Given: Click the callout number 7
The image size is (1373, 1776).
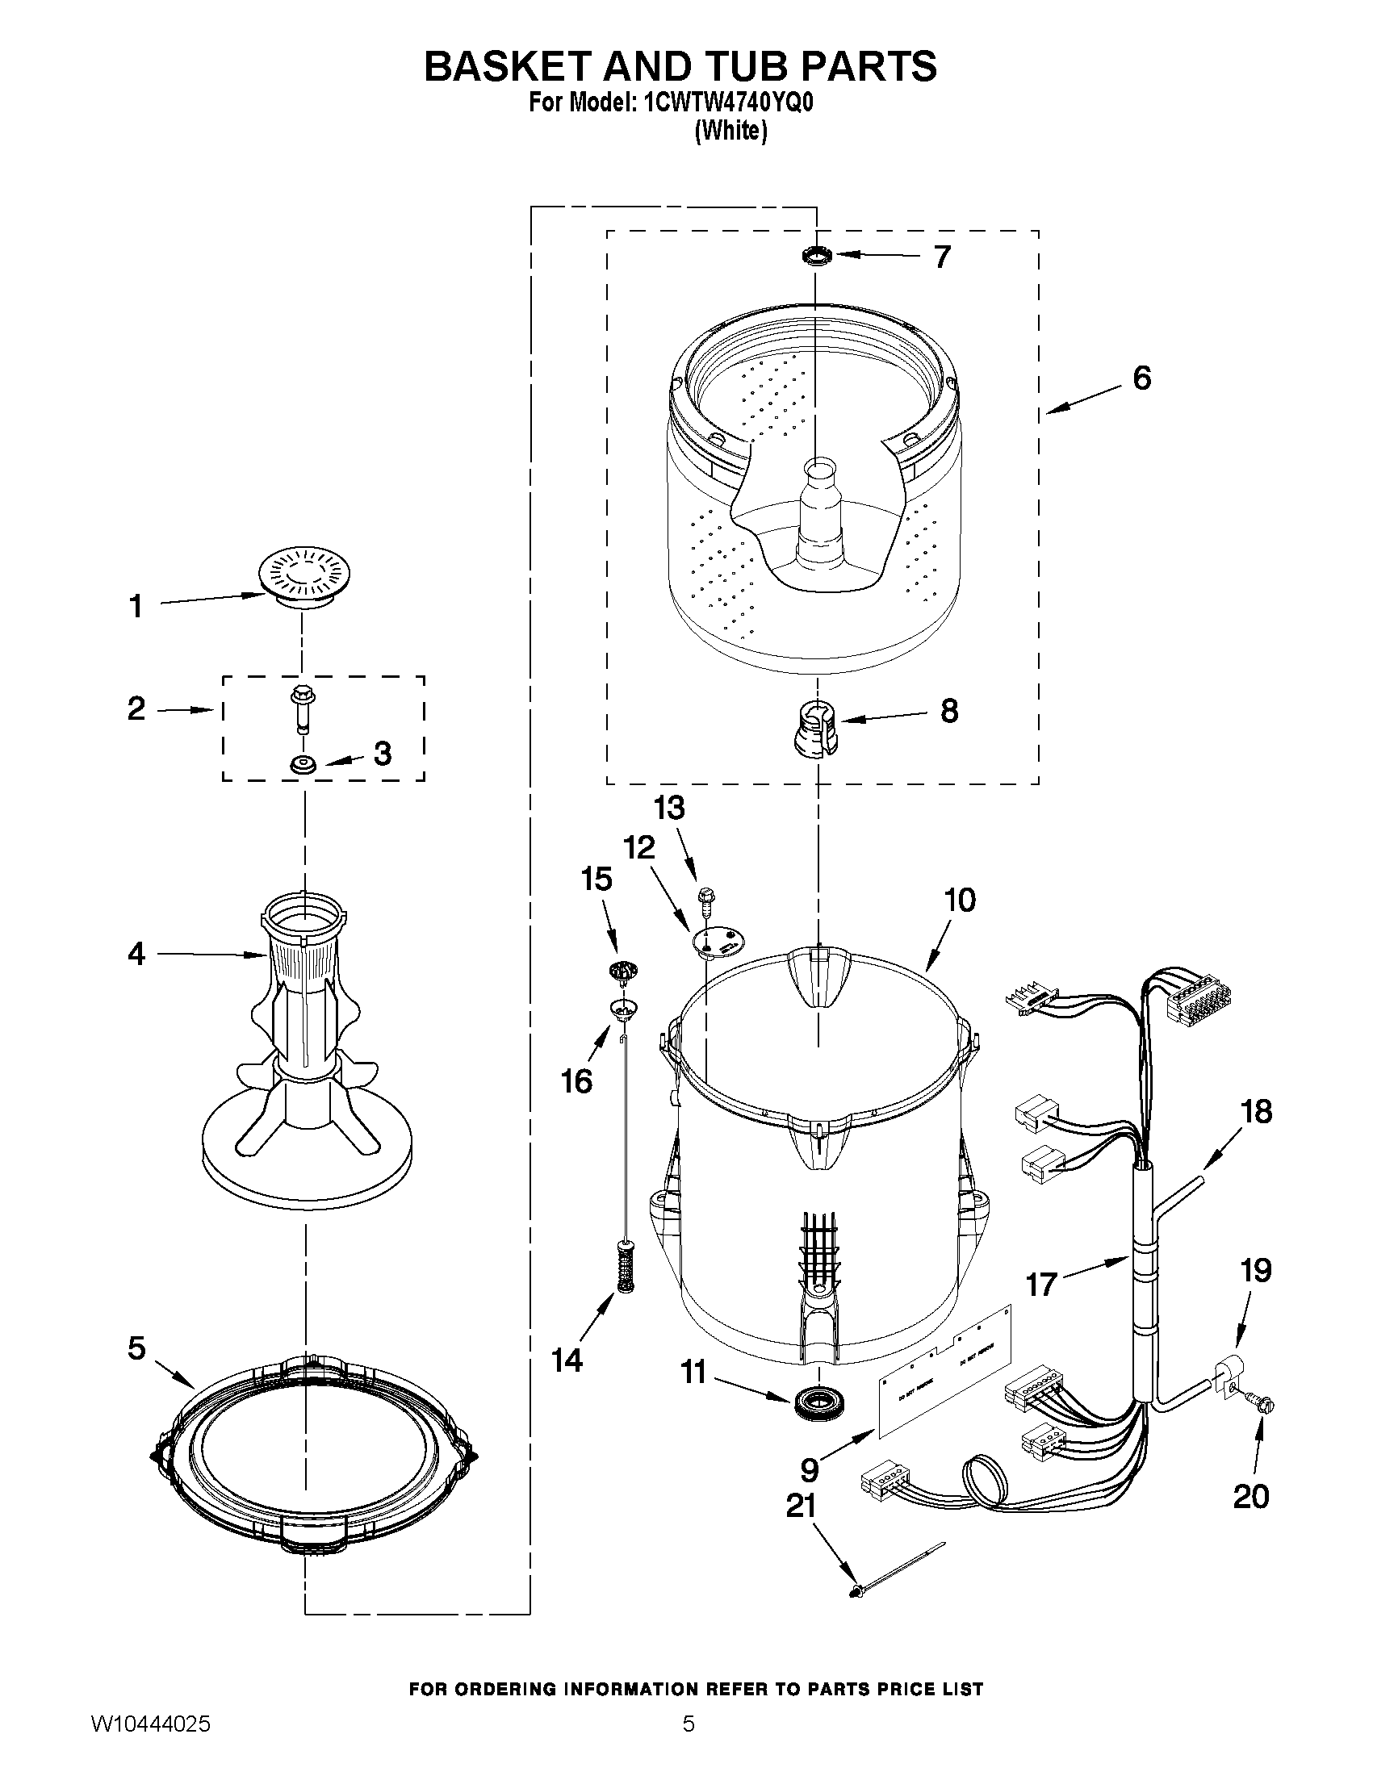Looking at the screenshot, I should tap(942, 257).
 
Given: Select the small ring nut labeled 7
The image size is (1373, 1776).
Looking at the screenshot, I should tap(817, 257).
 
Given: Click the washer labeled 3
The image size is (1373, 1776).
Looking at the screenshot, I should tap(303, 764).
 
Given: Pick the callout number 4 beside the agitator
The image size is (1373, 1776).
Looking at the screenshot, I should tap(136, 954).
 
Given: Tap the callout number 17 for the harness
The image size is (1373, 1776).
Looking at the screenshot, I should tap(1041, 1285).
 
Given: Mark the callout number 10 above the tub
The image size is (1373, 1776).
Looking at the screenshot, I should tap(960, 901).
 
